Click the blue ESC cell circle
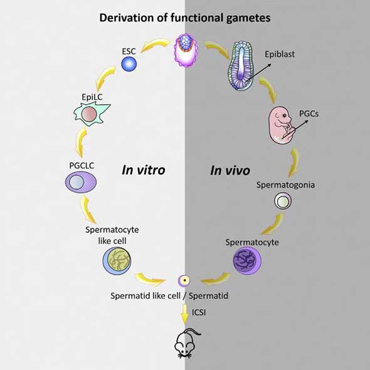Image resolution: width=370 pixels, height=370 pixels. tap(129, 64)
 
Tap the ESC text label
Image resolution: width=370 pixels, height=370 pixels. tap(129, 51)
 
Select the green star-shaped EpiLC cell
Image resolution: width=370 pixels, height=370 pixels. tap(92, 114)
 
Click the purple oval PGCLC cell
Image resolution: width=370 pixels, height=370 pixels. tap(81, 182)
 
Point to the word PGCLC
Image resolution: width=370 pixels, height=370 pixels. tap(82, 166)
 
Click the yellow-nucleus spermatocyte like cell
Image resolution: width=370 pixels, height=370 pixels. tap(117, 261)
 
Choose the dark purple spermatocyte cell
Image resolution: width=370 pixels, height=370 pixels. tap(247, 260)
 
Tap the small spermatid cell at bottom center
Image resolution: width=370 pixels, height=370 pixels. tap(184, 280)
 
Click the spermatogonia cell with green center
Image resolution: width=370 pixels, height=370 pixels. tap(283, 201)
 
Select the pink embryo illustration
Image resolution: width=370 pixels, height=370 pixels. tap(281, 125)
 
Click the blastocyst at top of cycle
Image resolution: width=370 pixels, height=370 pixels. tap(186, 51)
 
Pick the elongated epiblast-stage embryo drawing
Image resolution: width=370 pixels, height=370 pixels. tap(241, 66)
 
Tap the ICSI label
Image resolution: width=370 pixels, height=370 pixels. tap(199, 312)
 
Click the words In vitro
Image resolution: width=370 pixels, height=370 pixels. tap(144, 170)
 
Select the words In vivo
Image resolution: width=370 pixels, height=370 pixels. tap(230, 171)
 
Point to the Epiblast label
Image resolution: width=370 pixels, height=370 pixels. tap(280, 55)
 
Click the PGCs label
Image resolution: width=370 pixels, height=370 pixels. tap(309, 114)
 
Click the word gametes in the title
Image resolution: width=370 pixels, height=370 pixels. tap(248, 18)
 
